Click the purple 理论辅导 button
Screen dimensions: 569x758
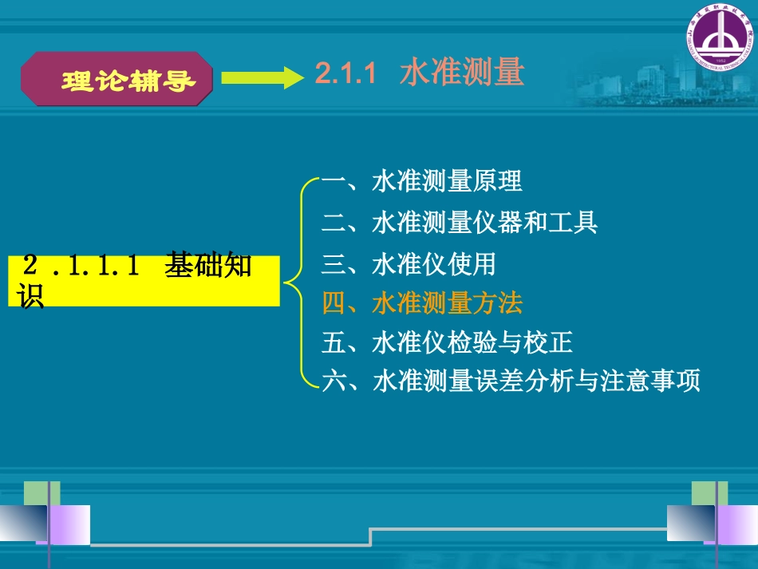[117, 79]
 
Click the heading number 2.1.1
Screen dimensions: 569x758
[345, 73]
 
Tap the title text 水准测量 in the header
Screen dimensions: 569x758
[462, 73]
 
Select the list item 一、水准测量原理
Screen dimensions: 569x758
[422, 181]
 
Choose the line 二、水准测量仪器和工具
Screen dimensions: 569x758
[460, 222]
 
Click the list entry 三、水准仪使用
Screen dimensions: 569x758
[409, 263]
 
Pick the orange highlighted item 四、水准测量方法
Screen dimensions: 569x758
[422, 303]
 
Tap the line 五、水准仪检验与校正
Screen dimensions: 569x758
[447, 343]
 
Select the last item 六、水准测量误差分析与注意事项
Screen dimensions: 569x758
[511, 381]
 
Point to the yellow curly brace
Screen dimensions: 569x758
[298, 281]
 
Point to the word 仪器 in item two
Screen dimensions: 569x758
[498, 222]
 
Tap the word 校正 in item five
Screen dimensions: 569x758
[548, 343]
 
